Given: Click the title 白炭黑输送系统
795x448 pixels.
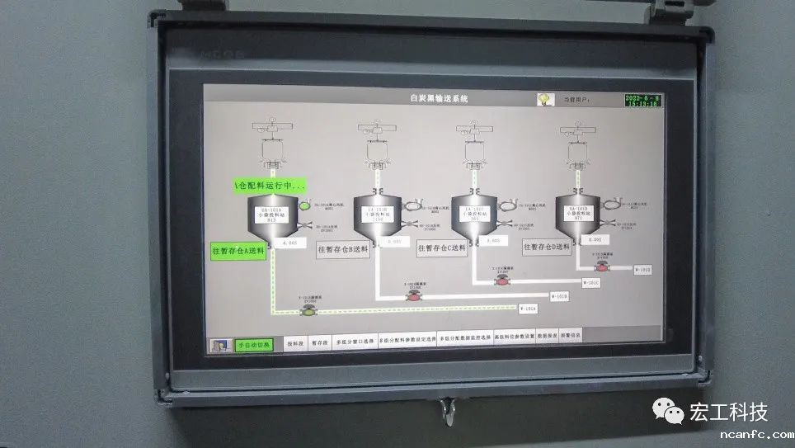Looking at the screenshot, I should tap(439, 98).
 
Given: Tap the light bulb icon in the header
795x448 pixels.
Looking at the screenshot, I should tap(544, 99).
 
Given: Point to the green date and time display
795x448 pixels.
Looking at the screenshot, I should tap(643, 100).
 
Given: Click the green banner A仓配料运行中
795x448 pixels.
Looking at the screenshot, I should tap(269, 186).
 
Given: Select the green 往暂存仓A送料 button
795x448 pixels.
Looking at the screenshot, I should tap(239, 252).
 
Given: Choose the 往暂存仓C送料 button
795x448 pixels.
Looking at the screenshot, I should tap(441, 248).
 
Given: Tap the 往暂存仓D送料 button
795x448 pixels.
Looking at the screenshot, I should tap(547, 246).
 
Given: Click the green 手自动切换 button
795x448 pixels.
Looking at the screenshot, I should tap(253, 345).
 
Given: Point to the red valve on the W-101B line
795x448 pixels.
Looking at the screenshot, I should tap(413, 294).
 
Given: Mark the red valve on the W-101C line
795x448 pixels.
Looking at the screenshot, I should tap(501, 281).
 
